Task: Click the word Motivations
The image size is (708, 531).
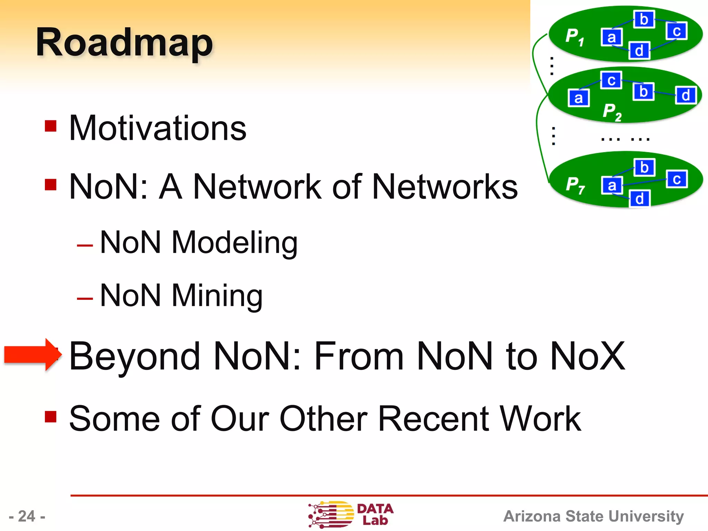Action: tap(158, 128)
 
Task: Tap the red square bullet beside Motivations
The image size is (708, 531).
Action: tap(50, 126)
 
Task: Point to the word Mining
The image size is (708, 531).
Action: tap(217, 296)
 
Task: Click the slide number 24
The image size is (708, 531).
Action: tap(27, 516)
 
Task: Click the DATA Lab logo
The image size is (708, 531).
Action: tap(351, 514)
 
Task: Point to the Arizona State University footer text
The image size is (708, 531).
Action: tap(593, 516)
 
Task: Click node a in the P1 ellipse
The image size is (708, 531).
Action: tap(612, 37)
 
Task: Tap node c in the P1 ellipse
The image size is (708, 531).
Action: tap(677, 31)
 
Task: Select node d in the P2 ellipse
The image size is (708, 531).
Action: tap(686, 95)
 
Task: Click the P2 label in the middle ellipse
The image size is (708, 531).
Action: tap(612, 112)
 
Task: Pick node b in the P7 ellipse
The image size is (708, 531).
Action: tap(644, 168)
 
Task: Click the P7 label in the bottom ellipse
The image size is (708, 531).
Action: tap(575, 185)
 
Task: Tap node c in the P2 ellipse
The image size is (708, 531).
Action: tap(611, 81)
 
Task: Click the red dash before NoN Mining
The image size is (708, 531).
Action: tap(85, 298)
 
